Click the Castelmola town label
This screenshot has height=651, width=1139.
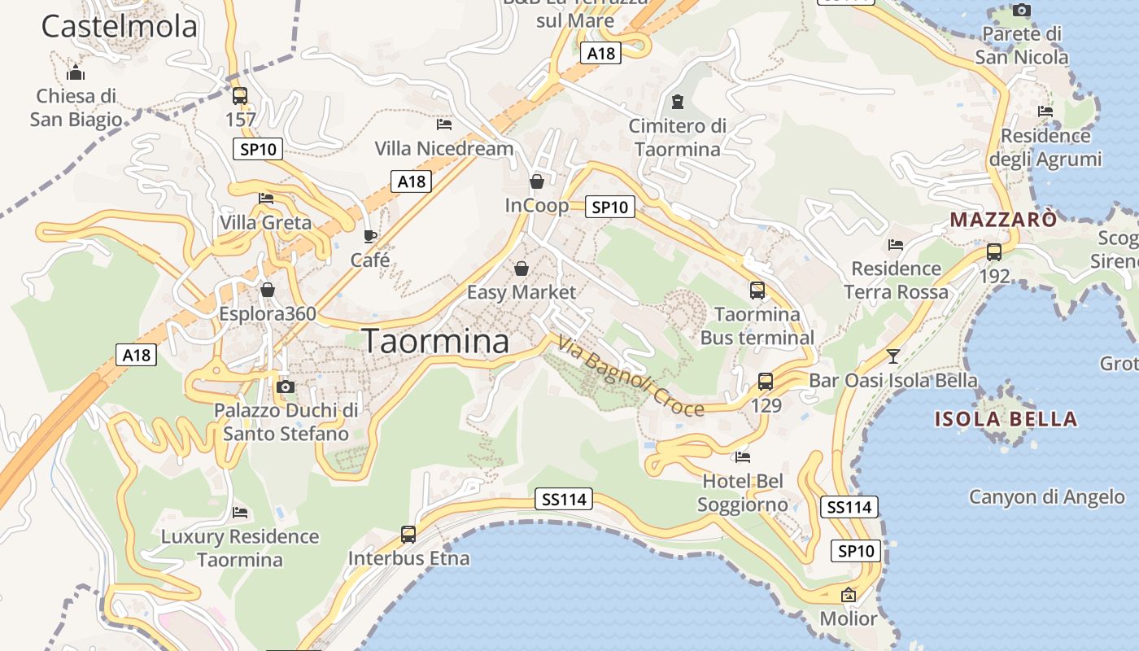119,26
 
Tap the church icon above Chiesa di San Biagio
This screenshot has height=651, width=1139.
76,72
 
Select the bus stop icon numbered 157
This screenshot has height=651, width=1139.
240,96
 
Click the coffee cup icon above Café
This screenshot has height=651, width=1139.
370,237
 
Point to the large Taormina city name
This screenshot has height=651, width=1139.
436,341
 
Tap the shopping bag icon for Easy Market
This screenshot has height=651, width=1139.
521,268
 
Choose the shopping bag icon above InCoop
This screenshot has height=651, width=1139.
537,181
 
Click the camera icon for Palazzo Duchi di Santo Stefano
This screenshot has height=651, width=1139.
285,387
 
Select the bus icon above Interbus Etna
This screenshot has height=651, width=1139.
408,535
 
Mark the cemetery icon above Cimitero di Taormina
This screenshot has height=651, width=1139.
677,103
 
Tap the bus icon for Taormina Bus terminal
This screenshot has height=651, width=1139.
757,290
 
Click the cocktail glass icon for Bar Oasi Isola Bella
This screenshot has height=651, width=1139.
893,356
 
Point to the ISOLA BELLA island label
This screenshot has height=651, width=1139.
1006,420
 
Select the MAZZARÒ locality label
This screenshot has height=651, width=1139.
1004,220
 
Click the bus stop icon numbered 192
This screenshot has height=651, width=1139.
993,252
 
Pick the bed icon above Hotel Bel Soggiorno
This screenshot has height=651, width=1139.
742,457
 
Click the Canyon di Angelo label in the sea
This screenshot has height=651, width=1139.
1047,496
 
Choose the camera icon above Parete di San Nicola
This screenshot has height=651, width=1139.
1021,10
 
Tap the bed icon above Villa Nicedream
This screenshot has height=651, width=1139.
443,125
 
